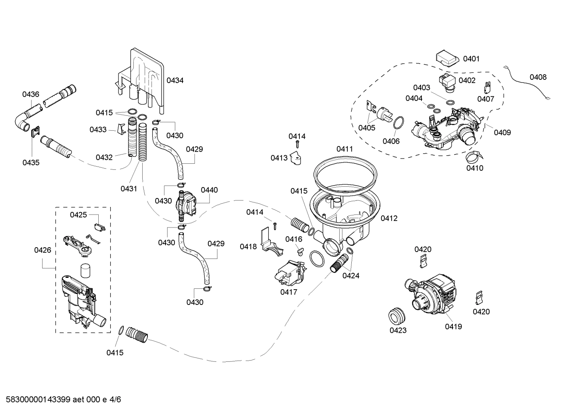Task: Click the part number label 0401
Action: point(471,59)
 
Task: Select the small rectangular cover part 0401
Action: point(447,58)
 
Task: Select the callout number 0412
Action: point(389,218)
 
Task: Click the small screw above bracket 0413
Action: point(297,144)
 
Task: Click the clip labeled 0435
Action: point(36,132)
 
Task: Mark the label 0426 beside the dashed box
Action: point(42,250)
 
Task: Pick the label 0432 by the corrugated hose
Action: point(104,157)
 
